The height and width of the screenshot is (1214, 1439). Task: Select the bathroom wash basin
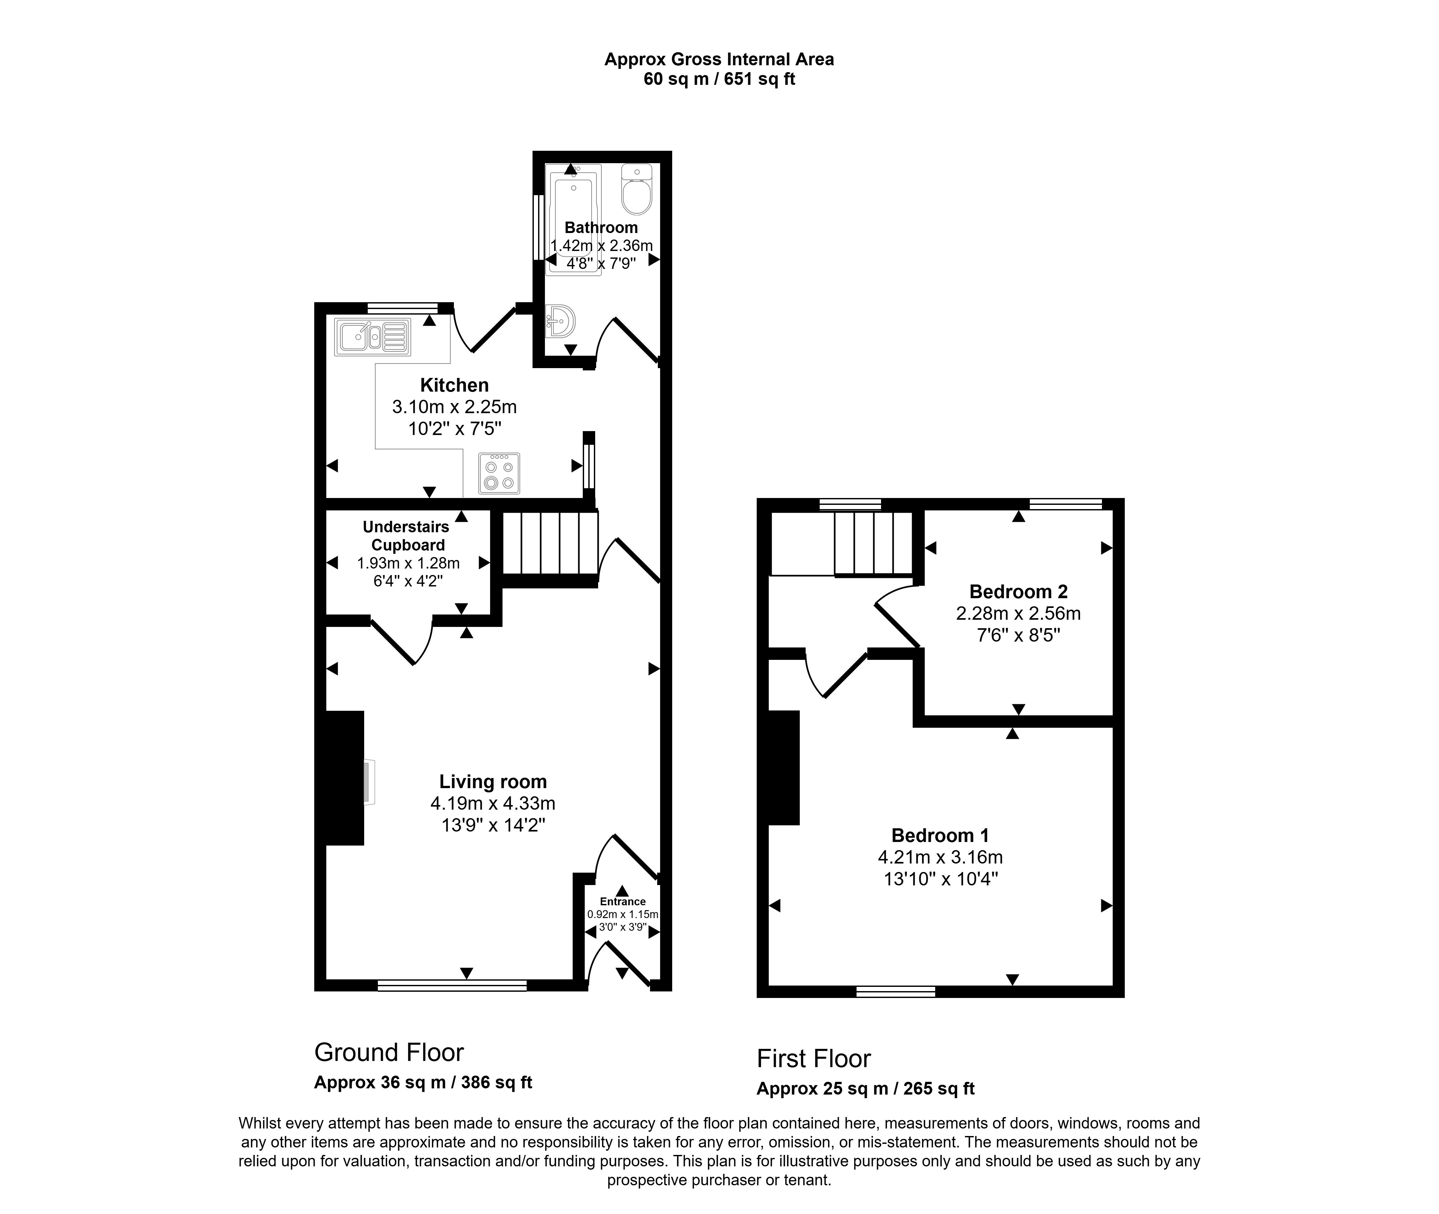(x=560, y=321)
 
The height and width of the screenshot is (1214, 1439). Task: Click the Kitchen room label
(x=454, y=385)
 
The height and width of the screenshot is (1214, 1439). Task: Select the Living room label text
(x=493, y=782)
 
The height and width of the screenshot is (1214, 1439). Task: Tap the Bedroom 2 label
(x=1018, y=591)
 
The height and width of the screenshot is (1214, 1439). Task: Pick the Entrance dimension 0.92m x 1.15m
(x=622, y=915)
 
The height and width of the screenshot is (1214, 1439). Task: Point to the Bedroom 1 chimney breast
(x=783, y=767)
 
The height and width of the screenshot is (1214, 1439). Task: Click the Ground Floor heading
(x=389, y=1052)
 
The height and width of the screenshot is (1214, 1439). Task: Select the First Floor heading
(x=813, y=1058)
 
